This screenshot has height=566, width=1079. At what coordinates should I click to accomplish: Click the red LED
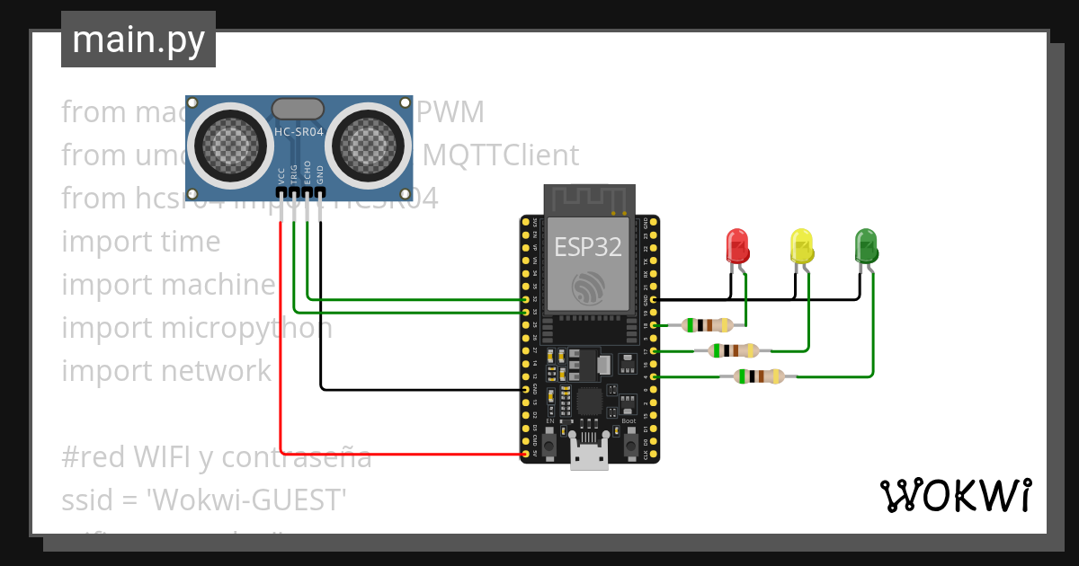tap(736, 244)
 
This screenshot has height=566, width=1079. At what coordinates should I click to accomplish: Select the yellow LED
tap(800, 244)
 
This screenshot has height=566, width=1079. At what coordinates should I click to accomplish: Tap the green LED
tap(865, 244)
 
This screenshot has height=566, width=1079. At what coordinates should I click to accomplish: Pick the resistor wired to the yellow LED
tap(734, 350)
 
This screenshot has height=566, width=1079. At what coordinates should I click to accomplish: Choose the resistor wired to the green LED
tap(759, 376)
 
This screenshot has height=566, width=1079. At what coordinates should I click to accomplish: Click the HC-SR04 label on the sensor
tap(298, 131)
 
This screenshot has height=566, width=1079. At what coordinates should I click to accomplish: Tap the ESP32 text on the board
tap(588, 247)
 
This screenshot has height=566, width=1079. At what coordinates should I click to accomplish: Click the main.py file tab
tap(138, 40)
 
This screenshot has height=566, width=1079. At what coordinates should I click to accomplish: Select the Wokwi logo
tap(955, 495)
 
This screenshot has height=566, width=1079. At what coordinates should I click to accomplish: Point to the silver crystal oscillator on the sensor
tap(298, 110)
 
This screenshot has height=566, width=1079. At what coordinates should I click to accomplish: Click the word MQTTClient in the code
tap(501, 155)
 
